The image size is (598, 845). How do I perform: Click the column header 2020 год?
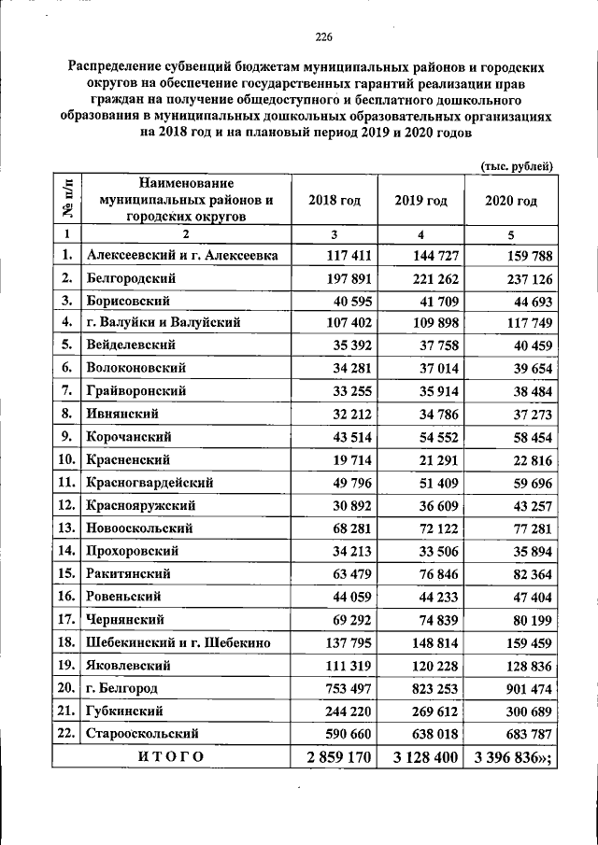[x=512, y=201]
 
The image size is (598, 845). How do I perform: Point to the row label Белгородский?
[x=131, y=277]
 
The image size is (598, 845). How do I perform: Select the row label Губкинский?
[x=125, y=711]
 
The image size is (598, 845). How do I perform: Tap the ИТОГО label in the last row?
[x=171, y=756]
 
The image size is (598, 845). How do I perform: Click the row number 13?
[x=66, y=528]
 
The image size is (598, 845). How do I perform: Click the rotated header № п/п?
[x=67, y=200]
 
